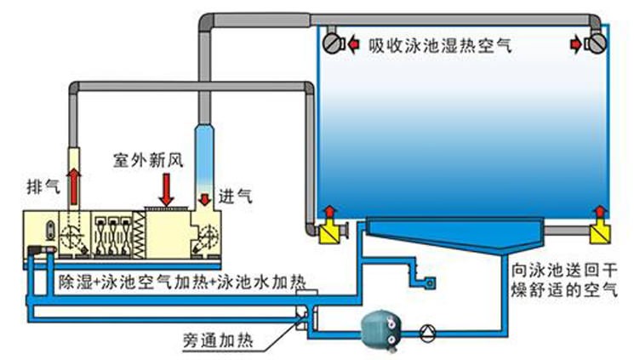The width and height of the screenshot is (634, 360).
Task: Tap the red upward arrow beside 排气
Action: point(75,183)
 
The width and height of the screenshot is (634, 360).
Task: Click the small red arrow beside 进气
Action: point(207,198)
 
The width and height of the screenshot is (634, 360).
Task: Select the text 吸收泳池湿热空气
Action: point(441,46)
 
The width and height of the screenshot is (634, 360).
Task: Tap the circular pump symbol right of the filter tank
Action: point(429,328)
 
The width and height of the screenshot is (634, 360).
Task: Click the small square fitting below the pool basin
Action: point(431,282)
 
